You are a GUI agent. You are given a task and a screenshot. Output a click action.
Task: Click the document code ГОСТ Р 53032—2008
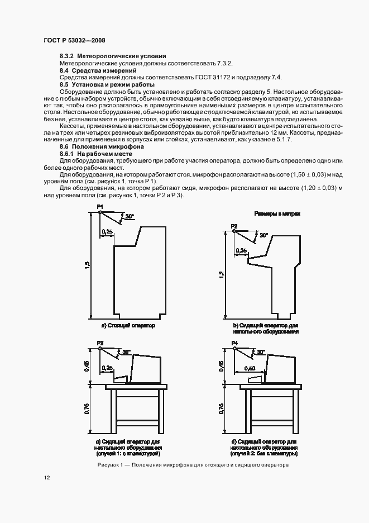coord(74,41)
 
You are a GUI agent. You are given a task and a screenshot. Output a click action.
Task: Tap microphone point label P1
coord(100,207)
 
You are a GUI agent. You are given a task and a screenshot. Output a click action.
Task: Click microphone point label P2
coord(234,226)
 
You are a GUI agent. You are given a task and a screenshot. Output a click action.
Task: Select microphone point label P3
coord(100,342)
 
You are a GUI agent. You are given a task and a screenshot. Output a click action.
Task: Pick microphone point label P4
coord(234,342)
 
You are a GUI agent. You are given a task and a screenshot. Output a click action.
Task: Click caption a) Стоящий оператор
coord(128,325)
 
